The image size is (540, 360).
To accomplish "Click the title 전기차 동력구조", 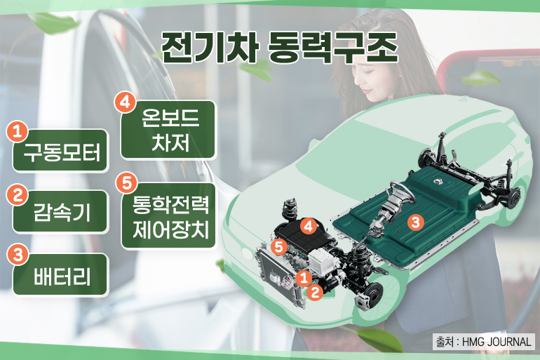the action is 279,48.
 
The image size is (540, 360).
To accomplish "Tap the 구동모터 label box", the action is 60,151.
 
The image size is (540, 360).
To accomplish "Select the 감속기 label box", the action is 60,211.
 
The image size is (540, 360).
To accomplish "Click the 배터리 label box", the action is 60,275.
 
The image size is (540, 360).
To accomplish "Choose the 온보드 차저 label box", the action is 169,130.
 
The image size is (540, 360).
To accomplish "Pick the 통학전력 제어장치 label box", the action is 169,216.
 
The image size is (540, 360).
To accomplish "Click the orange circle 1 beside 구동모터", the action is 18,131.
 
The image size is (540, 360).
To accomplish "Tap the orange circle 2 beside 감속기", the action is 18,195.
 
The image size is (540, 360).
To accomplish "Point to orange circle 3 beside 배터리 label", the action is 18,255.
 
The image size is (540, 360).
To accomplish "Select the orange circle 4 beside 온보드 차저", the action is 125,102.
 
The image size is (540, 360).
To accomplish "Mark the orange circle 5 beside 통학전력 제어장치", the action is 127,183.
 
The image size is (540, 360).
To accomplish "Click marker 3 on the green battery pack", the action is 416,222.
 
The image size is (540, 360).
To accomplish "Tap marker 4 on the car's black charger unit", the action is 309,227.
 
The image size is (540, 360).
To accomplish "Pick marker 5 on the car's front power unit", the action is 279,246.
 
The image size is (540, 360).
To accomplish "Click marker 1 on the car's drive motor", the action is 304,278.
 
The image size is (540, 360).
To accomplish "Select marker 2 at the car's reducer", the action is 315,292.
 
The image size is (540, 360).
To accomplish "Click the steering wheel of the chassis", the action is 403,192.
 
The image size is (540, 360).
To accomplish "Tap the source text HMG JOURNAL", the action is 497,342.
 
